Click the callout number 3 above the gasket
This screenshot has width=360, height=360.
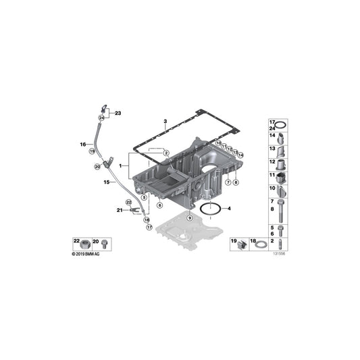164,122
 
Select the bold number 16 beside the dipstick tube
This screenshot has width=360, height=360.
82,144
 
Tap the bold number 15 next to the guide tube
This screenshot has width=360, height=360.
106,182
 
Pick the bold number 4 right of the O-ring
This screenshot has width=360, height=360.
229,208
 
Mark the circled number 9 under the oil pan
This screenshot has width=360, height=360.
190,219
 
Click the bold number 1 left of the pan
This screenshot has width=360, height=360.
120,165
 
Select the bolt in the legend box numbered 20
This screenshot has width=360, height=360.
106,242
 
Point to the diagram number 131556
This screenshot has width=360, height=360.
279,254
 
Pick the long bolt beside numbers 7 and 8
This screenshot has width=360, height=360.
282,207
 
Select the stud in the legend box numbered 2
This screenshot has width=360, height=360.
281,242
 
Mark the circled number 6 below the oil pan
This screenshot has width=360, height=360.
160,205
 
